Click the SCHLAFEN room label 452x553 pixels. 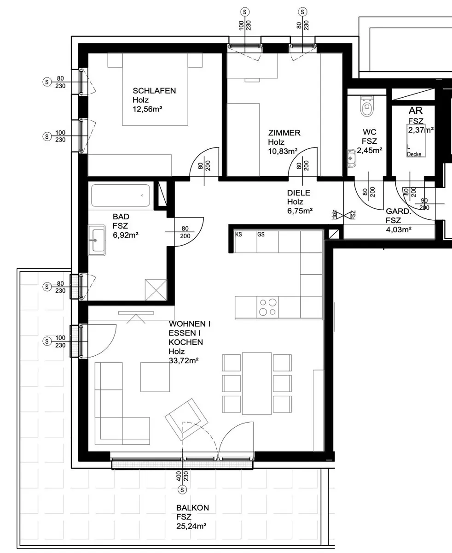point(154,91)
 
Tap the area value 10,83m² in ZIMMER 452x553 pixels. point(283,151)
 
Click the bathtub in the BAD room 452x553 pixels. point(121,195)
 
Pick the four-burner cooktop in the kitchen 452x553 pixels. point(267,307)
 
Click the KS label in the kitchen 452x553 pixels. point(238,235)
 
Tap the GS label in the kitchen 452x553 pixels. point(261,235)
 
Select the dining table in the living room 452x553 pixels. point(257,383)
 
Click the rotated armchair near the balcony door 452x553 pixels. point(186,419)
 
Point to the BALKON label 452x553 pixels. point(192,508)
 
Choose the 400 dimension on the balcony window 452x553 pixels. point(179,476)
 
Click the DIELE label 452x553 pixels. point(299,193)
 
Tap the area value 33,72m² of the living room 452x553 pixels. point(184,360)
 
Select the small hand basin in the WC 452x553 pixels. point(351,158)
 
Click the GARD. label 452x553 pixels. point(399,211)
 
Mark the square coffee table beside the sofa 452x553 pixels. point(155,377)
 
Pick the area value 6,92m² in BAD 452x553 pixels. point(126,235)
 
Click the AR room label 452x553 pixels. point(416,111)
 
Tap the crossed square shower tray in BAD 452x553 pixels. point(156,290)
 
